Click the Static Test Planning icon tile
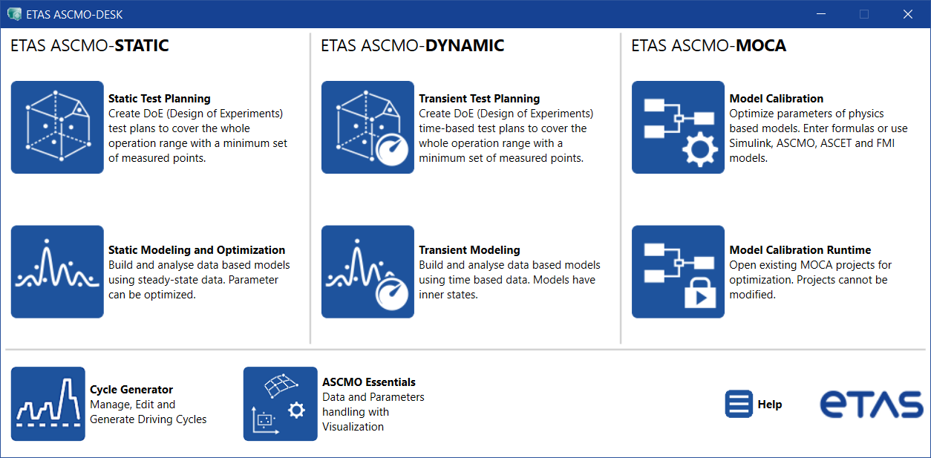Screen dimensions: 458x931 click(x=57, y=127)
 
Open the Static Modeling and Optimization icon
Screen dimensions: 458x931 click(x=57, y=272)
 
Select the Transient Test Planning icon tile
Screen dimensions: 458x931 click(x=367, y=127)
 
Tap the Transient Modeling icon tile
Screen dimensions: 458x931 click(x=367, y=272)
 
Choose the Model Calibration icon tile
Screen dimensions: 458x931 click(x=678, y=127)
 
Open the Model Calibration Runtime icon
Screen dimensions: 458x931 click(x=678, y=272)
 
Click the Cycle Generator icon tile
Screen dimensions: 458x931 click(x=48, y=404)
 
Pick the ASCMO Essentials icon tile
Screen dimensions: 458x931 click(x=281, y=404)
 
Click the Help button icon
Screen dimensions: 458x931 click(x=739, y=404)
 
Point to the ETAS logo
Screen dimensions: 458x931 click(x=871, y=404)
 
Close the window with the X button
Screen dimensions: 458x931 click(x=907, y=14)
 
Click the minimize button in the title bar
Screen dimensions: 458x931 click(x=821, y=14)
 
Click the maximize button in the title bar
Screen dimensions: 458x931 click(x=864, y=14)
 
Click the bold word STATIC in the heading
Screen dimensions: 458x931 click(x=141, y=46)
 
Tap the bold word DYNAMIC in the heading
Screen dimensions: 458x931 click(x=465, y=46)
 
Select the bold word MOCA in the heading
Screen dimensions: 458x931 click(x=761, y=46)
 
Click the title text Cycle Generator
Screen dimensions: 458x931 click(x=131, y=390)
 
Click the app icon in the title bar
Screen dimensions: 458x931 click(x=14, y=14)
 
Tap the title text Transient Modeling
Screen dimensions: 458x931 click(x=469, y=250)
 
